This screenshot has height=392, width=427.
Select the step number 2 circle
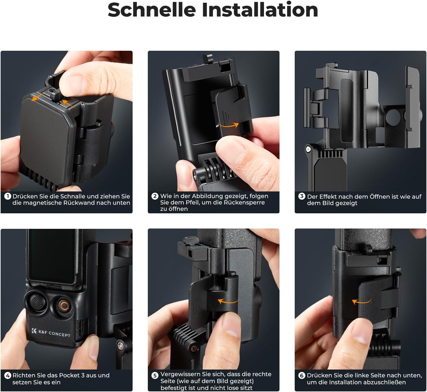155,196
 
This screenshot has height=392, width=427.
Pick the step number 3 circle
302,196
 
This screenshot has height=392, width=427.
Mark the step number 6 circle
302,376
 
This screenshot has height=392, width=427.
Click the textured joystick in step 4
37,301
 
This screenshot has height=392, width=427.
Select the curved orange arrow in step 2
229,125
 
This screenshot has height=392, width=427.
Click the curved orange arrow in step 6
362,301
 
